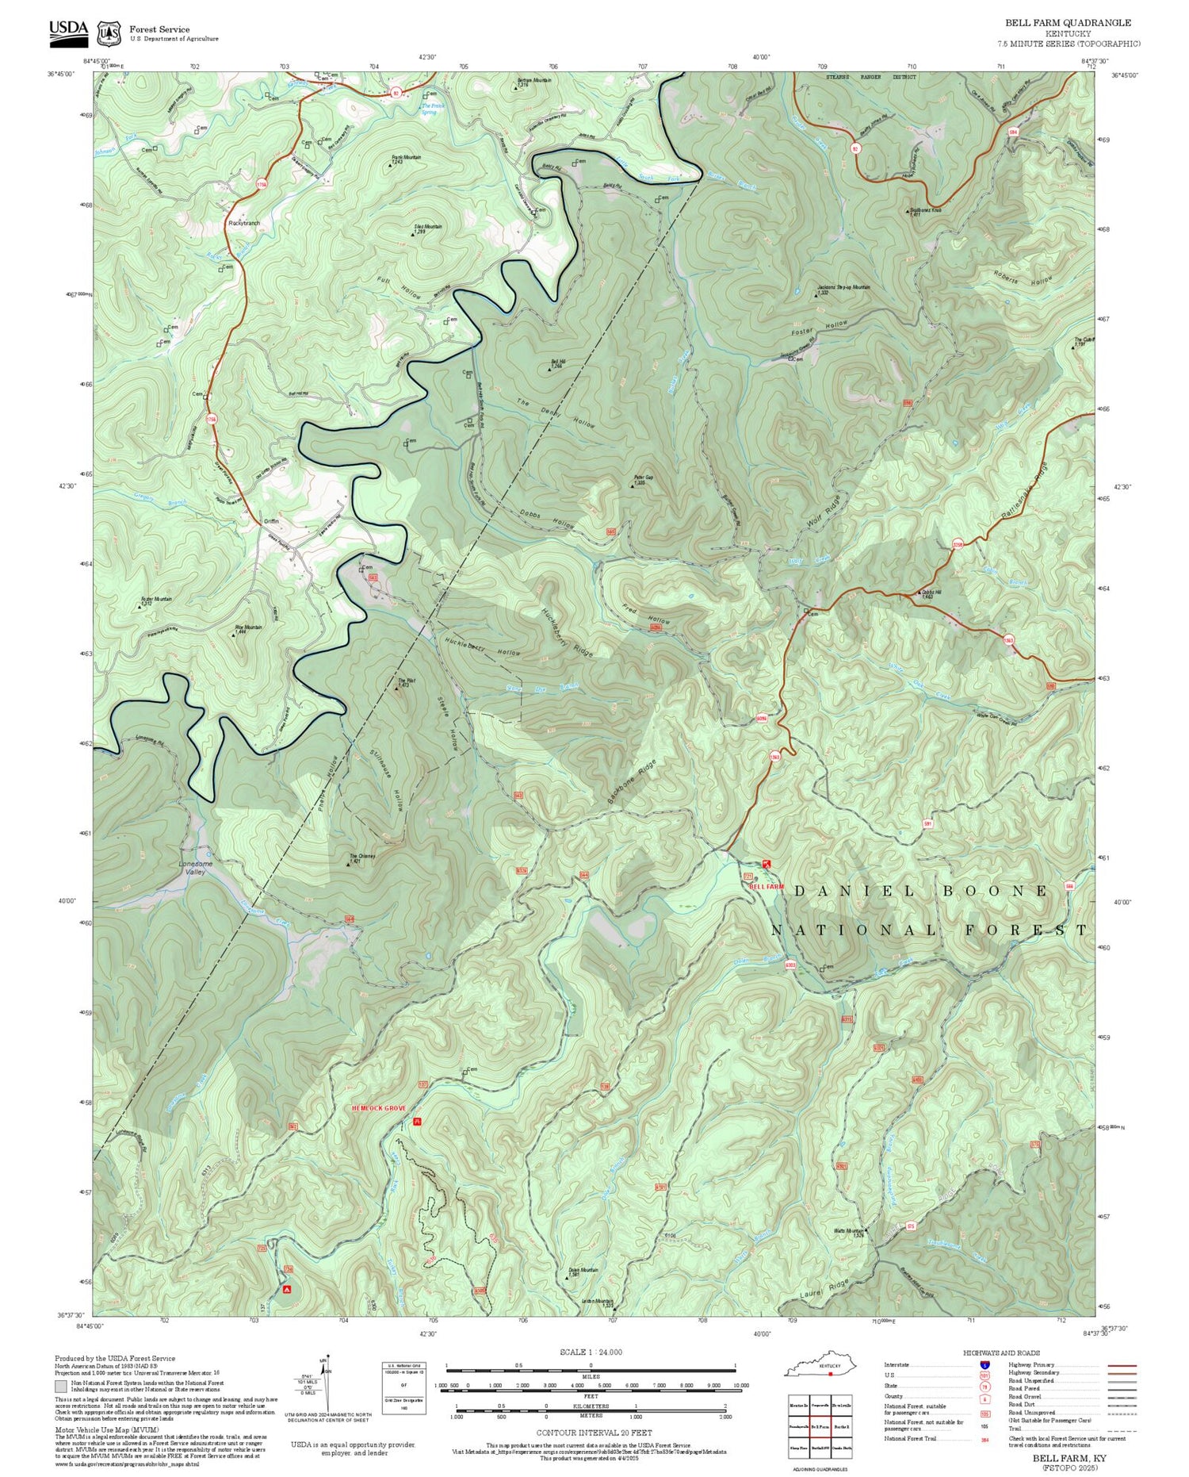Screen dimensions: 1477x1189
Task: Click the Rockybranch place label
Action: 243,224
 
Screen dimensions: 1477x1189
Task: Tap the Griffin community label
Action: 271,521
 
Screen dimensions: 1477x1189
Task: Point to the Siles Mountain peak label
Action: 428,228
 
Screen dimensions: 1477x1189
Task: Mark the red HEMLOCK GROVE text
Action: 379,1108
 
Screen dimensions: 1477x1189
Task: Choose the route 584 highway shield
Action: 1012,132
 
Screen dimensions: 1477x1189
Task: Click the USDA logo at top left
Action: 68,30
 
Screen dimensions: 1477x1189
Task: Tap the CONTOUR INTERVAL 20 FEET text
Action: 594,1433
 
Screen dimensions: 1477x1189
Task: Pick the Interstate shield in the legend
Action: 984,1364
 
